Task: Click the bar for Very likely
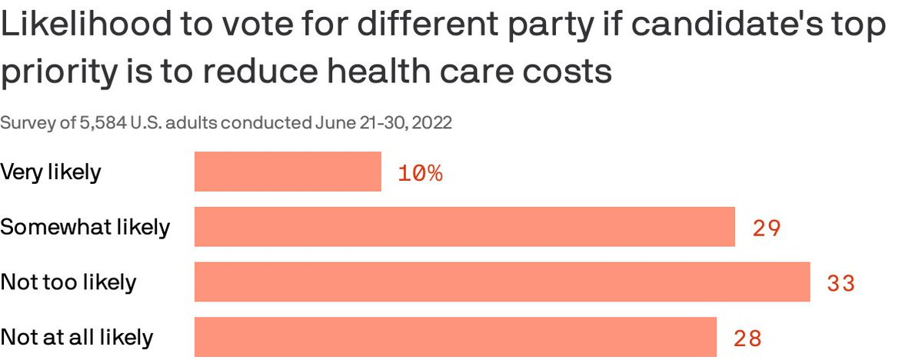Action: (288, 172)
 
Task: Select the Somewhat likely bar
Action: (464, 227)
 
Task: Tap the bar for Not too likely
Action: (502, 282)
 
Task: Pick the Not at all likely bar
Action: (455, 337)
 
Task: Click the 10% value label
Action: (420, 173)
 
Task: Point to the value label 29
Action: (767, 228)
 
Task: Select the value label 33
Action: (841, 284)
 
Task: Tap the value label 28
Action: (747, 338)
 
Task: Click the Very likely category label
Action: (51, 172)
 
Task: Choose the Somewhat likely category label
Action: (85, 228)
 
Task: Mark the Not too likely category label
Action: (68, 282)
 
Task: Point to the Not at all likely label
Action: (77, 338)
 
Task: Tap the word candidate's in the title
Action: (715, 27)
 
